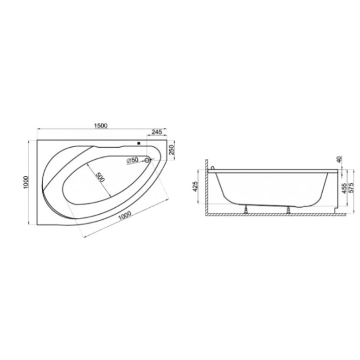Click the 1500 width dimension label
click(101, 125)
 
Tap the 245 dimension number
click(157, 132)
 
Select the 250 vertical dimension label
click(172, 150)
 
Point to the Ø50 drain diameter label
click(132, 160)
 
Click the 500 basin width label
click(100, 177)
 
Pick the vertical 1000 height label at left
click(26, 182)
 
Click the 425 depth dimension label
click(195, 186)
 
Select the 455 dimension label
click(344, 188)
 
